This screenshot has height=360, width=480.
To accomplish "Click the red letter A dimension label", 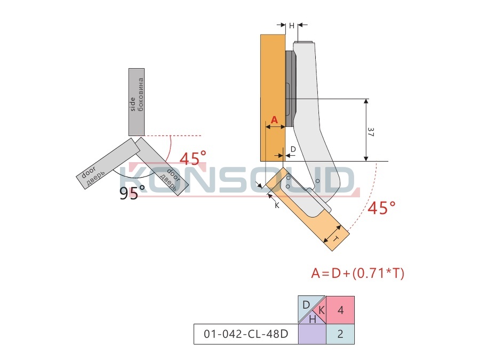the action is point(274,119).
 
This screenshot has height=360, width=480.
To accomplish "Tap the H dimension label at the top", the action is point(291,26).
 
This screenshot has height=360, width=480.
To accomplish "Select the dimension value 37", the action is point(371,132).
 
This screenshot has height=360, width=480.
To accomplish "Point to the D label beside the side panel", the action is point(293,149).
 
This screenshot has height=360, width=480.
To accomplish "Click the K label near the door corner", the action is point(277,205).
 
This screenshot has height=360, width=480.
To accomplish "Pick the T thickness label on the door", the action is point(335,239).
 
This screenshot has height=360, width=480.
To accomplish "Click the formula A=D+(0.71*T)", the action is point(357,273).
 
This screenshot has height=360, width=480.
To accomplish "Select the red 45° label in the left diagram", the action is point(193,158).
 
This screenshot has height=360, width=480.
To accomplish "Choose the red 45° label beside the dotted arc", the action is point(381,208).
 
